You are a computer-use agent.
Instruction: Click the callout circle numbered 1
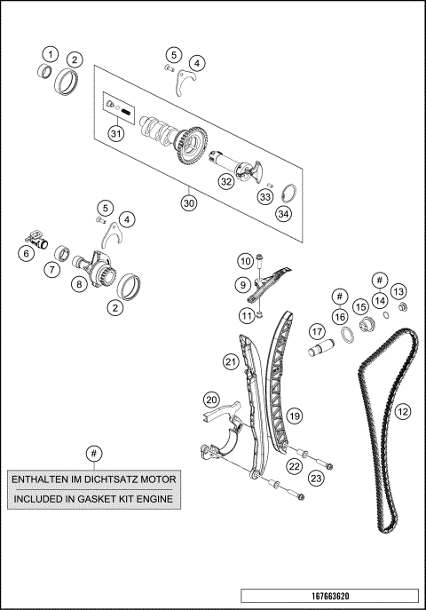(51, 54)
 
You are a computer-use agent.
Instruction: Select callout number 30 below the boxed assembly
(188, 202)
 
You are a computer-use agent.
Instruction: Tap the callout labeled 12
(402, 411)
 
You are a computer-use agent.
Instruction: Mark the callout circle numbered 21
(231, 361)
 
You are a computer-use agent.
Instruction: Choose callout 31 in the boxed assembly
(114, 132)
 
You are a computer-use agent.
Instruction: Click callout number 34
(283, 213)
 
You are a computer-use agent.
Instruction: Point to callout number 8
(79, 285)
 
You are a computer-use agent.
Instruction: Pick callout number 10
(245, 260)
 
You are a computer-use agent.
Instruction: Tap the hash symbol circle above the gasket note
(92, 451)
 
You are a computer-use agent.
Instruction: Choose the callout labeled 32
(226, 181)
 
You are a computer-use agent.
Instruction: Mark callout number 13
(398, 292)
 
